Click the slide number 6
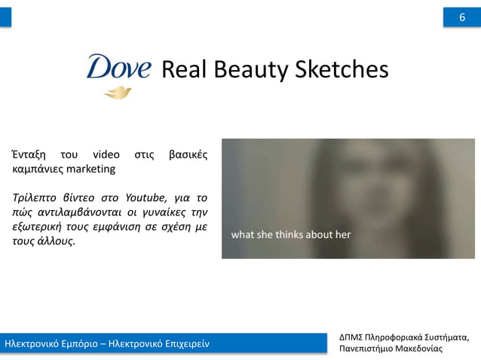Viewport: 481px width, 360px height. (461, 17)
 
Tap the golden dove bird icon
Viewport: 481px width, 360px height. (118, 93)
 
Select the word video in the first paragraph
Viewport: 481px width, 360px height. (106, 155)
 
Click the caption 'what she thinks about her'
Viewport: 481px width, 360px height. (291, 234)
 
